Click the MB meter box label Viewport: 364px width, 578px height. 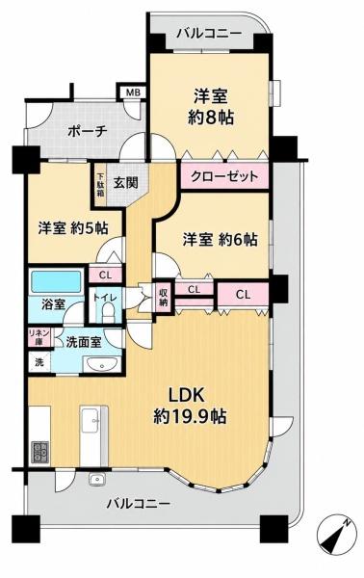133,92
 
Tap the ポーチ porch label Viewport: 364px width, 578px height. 87,131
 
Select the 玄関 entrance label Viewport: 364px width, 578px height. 125,182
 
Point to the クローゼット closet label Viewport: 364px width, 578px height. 224,176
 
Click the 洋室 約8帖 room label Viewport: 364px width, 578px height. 210,106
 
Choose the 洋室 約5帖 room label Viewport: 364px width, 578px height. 73,228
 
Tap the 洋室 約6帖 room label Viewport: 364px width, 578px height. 220,240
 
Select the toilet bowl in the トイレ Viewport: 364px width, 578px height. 108,314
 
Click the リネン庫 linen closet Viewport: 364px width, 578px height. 39,337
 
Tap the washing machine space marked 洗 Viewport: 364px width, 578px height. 39,362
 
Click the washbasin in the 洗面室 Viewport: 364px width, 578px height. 101,365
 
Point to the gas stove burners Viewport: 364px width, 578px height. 39,452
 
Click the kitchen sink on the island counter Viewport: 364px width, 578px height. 91,421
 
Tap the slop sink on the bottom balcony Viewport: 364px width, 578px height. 97,479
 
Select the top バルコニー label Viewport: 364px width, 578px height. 209,35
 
